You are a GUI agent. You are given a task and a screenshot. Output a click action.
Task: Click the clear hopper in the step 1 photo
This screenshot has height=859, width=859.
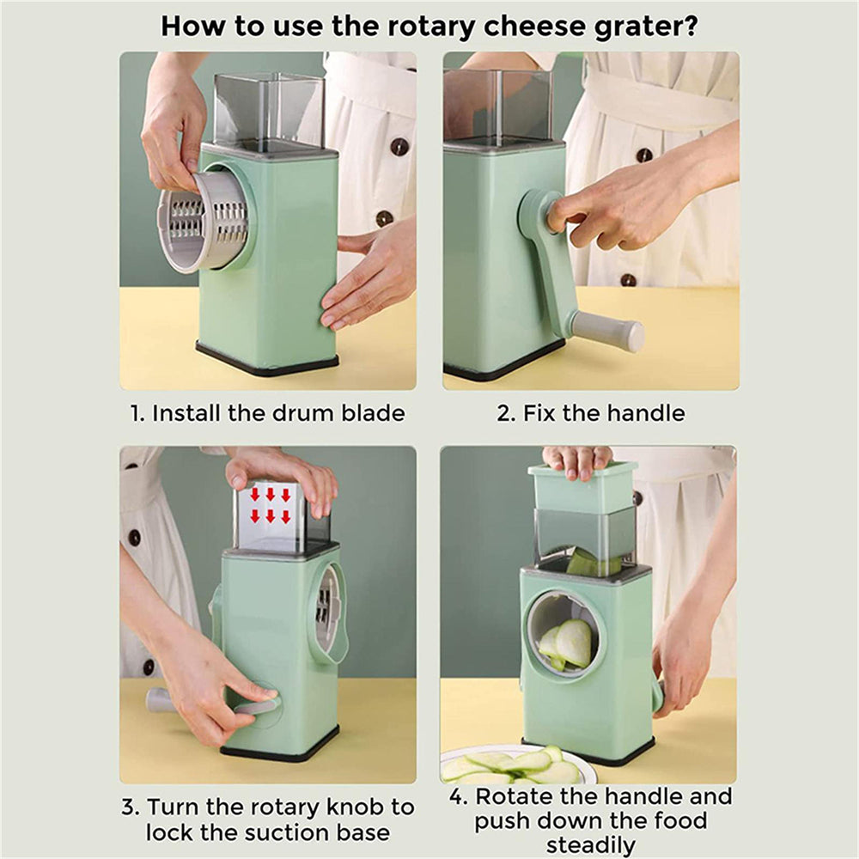coord(268,107)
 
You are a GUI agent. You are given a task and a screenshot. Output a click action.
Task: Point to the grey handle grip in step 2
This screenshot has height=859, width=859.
coord(610,331)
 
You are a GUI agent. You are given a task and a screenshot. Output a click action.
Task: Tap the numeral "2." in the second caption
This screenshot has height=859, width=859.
coord(506,413)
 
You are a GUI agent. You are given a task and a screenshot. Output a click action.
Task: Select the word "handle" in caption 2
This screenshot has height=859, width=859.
coord(645,413)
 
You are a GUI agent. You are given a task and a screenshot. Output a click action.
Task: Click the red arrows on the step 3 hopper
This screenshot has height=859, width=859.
coord(269,505)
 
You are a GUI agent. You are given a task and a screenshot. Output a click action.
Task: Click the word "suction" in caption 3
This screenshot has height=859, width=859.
coord(291,832)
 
